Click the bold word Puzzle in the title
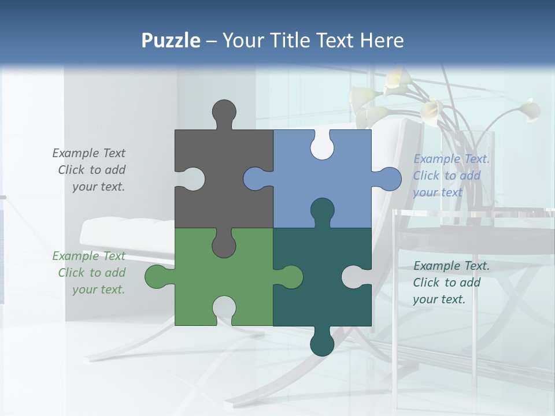pos(171,40)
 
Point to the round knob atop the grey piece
pos(224,111)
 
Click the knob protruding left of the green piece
pos(157,277)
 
